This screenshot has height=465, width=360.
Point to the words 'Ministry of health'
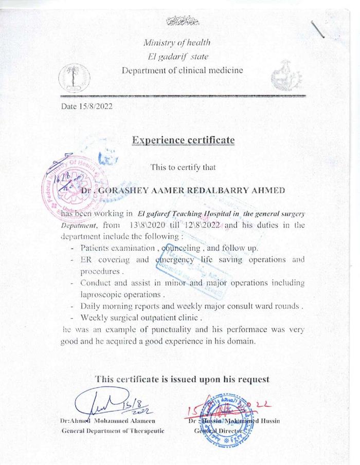(x=176, y=43)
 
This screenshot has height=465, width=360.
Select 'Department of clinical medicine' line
(x=182, y=70)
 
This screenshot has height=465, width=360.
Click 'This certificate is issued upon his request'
(x=182, y=380)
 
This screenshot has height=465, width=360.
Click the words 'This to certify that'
(x=183, y=167)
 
